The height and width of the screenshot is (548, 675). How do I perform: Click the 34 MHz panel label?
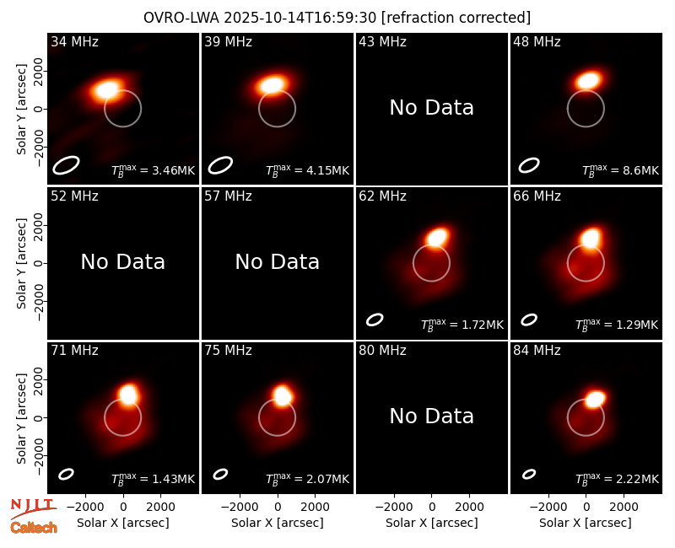click(74, 41)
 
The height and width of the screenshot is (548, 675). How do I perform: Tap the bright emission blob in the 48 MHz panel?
click(588, 80)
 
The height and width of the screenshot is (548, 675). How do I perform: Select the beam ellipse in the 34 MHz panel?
click(67, 165)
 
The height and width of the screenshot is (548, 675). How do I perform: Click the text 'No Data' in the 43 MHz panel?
click(431, 108)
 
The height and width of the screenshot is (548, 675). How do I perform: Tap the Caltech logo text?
click(34, 528)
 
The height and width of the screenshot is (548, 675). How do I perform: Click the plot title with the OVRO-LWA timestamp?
click(337, 18)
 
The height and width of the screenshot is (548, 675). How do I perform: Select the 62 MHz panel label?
click(383, 196)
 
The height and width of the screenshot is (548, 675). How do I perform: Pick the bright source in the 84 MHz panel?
click(596, 399)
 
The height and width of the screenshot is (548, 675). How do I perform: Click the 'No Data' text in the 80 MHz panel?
click(431, 416)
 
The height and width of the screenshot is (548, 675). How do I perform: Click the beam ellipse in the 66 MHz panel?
click(529, 320)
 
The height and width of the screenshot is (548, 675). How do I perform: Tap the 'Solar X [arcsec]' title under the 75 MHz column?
click(278, 523)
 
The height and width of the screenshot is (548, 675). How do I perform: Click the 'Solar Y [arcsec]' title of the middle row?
click(21, 263)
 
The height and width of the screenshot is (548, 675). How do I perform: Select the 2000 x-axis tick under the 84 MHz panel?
click(624, 508)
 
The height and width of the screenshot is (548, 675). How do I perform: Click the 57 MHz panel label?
click(228, 196)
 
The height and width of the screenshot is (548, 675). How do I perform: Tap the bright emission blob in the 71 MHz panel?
click(128, 395)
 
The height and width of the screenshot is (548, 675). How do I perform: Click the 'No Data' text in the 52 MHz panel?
click(122, 262)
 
